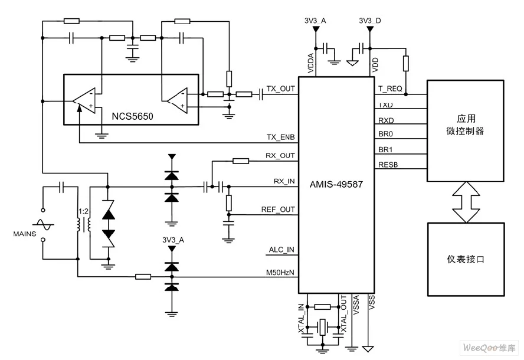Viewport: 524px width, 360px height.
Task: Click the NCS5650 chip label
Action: click(132, 116)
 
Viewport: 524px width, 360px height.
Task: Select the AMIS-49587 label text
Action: click(336, 185)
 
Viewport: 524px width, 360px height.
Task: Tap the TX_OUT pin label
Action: click(281, 89)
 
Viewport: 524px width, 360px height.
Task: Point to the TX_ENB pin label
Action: click(281, 137)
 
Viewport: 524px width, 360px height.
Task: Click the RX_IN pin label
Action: click(284, 181)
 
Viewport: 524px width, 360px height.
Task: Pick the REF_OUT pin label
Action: click(278, 210)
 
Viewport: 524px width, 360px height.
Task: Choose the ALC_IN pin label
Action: click(281, 250)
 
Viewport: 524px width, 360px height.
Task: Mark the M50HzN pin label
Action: click(280, 273)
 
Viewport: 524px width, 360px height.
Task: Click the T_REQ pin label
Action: click(390, 89)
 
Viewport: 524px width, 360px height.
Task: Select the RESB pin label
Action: click(388, 165)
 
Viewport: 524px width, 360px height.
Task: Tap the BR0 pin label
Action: click(386, 134)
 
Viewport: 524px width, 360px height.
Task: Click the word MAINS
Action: click(25, 234)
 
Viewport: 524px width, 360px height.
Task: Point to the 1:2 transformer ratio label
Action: click(84, 211)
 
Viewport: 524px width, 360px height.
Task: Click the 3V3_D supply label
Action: click(370, 21)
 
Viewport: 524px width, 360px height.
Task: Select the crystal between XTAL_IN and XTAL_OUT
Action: click(322, 326)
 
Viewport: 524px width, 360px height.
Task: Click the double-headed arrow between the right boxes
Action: click(466, 202)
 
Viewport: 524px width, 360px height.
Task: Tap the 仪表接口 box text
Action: click(466, 259)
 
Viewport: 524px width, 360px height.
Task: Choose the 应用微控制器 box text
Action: click(466, 125)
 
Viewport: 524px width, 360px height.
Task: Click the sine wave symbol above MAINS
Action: click(43, 224)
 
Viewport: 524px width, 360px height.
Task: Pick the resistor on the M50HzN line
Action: click(143, 276)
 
